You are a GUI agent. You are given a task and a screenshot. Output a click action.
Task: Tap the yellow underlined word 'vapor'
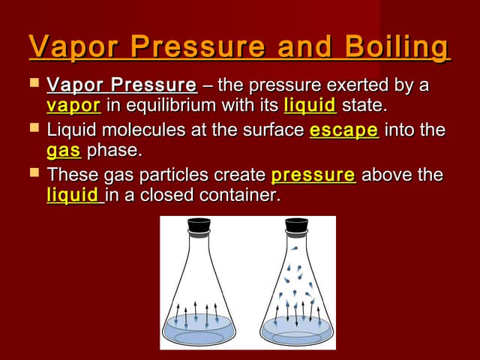tap(73, 104)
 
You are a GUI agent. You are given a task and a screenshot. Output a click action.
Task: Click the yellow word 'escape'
tap(343, 130)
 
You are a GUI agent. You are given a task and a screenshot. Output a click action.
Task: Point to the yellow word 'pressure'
tap(313, 175)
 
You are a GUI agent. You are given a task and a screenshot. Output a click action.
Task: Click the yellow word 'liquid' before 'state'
tap(309, 104)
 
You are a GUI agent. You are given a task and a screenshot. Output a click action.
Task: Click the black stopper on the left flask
tap(199, 224)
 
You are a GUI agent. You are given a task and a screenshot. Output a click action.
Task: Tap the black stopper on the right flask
tap(297, 224)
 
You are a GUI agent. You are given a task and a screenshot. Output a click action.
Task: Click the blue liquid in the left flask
tap(198, 328)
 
